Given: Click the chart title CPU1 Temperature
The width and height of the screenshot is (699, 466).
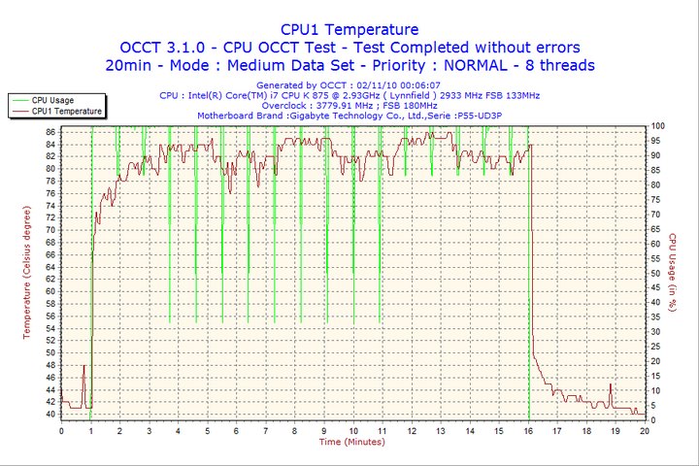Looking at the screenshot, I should coord(349,29).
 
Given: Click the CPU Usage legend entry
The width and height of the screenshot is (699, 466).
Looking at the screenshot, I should coord(52,100).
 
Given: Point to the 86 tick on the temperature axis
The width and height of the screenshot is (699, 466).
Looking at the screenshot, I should coord(50,131).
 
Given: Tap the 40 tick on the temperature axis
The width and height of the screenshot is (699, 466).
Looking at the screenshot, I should coord(50,414).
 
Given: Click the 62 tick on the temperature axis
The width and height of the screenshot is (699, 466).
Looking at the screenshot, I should coord(50,279).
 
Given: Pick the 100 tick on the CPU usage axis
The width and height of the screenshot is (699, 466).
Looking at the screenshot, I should coord(657,126).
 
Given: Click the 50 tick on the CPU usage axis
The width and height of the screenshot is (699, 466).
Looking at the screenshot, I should coord(655,273).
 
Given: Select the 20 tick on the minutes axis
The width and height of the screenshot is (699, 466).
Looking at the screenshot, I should coord(645,431).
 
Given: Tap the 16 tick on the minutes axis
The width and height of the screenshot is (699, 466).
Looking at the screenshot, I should coord(528,431).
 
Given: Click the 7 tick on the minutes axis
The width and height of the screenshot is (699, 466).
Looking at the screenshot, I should coord(265,431).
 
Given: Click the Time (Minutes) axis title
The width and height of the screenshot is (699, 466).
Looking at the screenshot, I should coord(352,443).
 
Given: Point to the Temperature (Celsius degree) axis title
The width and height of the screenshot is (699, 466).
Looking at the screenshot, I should coord(28,272).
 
